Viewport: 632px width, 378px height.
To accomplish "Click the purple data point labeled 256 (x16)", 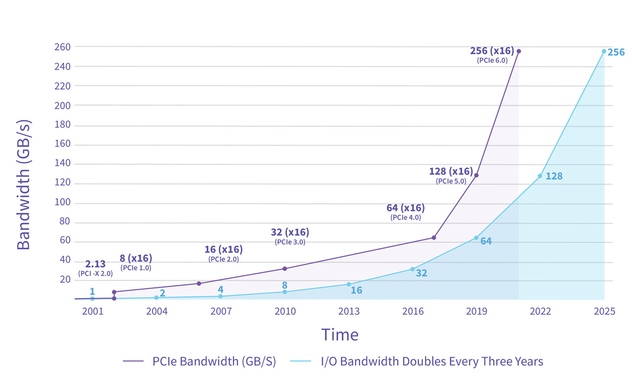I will pyautogui.click(x=519, y=51).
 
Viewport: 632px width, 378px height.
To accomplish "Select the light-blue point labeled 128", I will pyautogui.click(x=540, y=176).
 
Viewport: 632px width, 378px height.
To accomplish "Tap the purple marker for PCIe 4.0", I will pyautogui.click(x=434, y=237).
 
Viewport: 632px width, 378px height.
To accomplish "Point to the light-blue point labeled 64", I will pyautogui.click(x=476, y=238).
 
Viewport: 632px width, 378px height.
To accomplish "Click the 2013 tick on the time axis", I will pyautogui.click(x=349, y=311).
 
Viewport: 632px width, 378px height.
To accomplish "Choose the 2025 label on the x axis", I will pyautogui.click(x=604, y=311).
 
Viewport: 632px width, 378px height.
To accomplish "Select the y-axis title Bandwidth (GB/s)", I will pyautogui.click(x=24, y=184).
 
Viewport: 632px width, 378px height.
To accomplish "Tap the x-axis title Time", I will pyautogui.click(x=340, y=335).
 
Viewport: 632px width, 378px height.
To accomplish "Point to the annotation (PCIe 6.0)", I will pyautogui.click(x=492, y=60).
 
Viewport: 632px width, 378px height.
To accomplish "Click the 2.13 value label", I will pyautogui.click(x=95, y=264).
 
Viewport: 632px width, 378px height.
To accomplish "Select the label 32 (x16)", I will pyautogui.click(x=290, y=232).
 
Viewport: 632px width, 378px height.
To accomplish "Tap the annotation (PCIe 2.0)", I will pyautogui.click(x=223, y=259).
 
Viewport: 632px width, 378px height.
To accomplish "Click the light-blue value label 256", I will pyautogui.click(x=616, y=52).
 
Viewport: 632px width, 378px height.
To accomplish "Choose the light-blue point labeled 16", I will pyautogui.click(x=349, y=284).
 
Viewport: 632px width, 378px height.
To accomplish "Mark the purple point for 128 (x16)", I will pyautogui.click(x=476, y=175).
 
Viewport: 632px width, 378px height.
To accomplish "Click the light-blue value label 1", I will pyautogui.click(x=92, y=291).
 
